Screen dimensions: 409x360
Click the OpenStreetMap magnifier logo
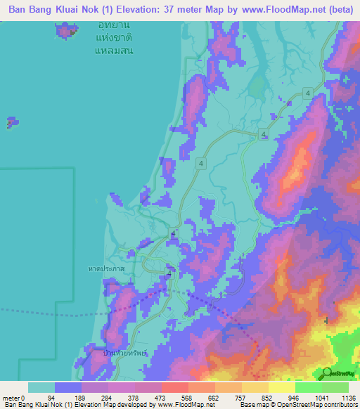328,373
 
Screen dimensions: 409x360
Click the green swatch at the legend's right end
335,387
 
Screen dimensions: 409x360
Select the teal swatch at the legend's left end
41,387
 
